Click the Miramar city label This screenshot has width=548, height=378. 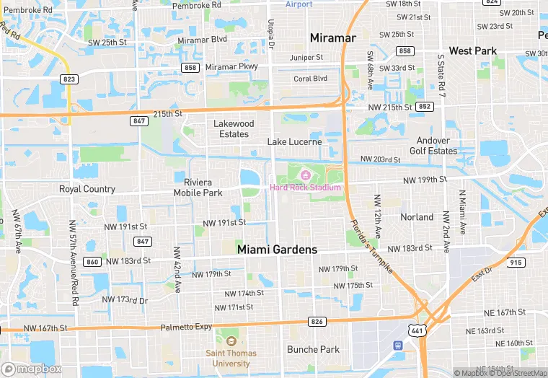click(x=332, y=37)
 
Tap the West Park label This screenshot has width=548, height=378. click(x=472, y=51)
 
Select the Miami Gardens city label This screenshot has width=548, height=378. click(x=277, y=250)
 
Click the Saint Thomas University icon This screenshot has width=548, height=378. click(x=231, y=341)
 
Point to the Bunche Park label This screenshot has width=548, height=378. click(x=313, y=350)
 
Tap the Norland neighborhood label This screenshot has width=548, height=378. click(x=417, y=217)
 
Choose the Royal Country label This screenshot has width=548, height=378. click(x=87, y=190)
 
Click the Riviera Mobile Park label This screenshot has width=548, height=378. click(x=198, y=188)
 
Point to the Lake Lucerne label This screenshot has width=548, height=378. click(x=294, y=142)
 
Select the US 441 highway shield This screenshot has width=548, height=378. click(x=417, y=330)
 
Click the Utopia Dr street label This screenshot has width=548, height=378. click(x=272, y=34)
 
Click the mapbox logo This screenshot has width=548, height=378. click(x=32, y=369)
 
